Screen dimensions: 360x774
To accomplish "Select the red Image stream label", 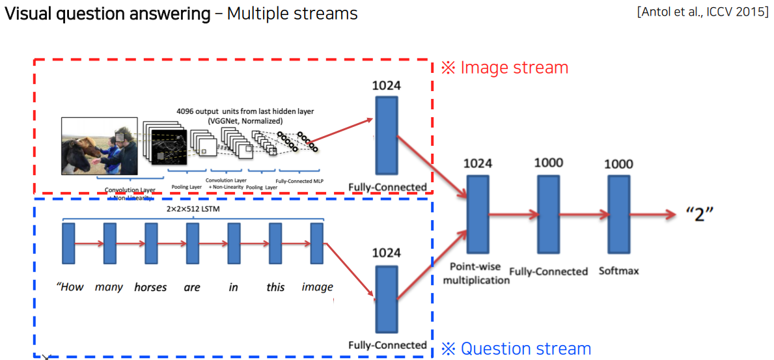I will [504, 68].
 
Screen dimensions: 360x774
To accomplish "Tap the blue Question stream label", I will [516, 349].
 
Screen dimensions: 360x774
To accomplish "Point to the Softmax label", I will [618, 270].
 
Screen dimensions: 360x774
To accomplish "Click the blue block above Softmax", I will [619, 215].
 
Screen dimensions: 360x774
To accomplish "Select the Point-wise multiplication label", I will [480, 273].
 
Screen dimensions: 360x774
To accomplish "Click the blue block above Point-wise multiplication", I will [478, 215].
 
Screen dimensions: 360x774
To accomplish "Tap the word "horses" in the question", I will [150, 287].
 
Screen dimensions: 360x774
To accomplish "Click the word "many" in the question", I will [109, 287].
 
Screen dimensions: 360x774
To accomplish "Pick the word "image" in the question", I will [317, 287].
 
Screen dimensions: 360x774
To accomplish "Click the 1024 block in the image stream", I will [386, 135].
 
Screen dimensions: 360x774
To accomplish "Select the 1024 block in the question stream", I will [386, 299].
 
